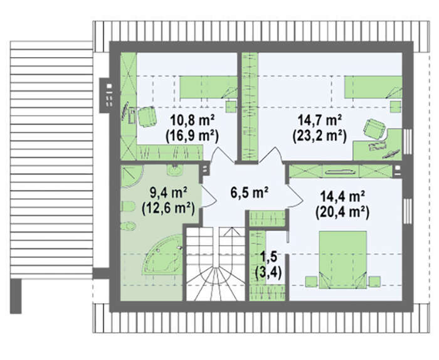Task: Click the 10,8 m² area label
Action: click(192, 122)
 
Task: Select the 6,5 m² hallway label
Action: click(250, 193)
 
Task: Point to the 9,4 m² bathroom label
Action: click(169, 193)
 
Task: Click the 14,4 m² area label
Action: click(342, 196)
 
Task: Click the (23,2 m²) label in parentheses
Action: click(319, 136)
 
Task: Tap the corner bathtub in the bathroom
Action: click(162, 255)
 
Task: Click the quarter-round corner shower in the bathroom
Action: click(132, 176)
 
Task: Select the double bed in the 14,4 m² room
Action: click(342, 260)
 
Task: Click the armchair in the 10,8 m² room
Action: click(146, 117)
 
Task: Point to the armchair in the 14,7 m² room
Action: click(374, 129)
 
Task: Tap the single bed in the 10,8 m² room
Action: click(208, 87)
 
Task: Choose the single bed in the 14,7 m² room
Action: click(373, 87)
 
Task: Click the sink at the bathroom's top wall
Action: click(175, 170)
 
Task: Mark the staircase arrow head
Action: click(231, 231)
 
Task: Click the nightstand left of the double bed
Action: click(311, 282)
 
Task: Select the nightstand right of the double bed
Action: click(374, 282)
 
